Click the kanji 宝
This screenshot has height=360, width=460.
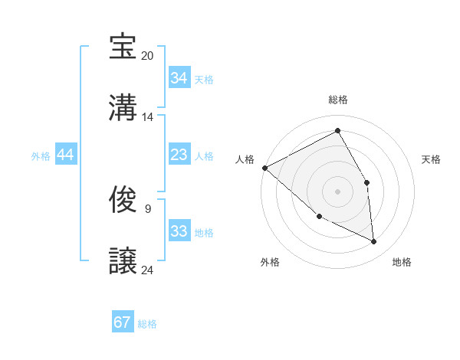point(123,47)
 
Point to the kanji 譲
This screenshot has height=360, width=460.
point(123,261)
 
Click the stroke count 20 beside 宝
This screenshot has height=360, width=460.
point(148,56)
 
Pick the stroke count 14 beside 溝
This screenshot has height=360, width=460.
point(148,117)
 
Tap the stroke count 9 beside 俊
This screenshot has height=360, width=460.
point(147,208)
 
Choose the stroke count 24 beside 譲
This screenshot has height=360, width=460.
point(148,270)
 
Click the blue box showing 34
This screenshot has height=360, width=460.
point(179,78)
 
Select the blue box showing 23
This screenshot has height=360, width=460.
point(179,155)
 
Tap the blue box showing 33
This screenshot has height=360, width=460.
point(179,231)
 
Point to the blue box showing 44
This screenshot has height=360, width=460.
point(66,155)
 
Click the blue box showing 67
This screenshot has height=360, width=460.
point(122,322)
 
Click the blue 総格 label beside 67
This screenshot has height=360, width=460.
point(147,324)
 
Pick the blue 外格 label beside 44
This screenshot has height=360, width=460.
point(41,156)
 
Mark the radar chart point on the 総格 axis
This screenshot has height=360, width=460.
point(337,130)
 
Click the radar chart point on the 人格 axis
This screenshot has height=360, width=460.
point(264,168)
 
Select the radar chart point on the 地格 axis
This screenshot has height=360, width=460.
point(373,241)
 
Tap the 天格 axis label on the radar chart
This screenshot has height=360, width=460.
point(431,159)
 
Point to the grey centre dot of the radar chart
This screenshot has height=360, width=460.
point(337,191)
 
